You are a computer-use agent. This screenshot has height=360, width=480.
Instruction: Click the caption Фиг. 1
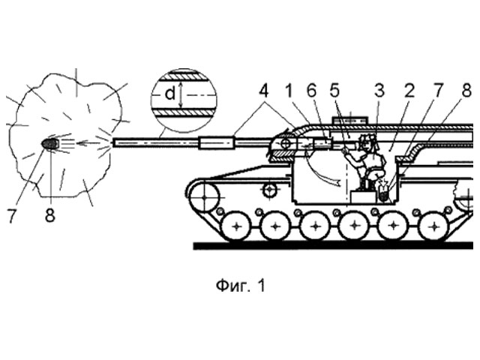240,286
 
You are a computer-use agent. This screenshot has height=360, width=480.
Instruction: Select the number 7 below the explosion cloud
11,217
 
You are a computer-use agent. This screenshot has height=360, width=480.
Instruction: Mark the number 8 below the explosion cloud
50,217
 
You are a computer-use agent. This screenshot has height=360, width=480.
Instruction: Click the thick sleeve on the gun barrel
215,142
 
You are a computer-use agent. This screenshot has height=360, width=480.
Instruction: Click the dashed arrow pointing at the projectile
93,142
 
